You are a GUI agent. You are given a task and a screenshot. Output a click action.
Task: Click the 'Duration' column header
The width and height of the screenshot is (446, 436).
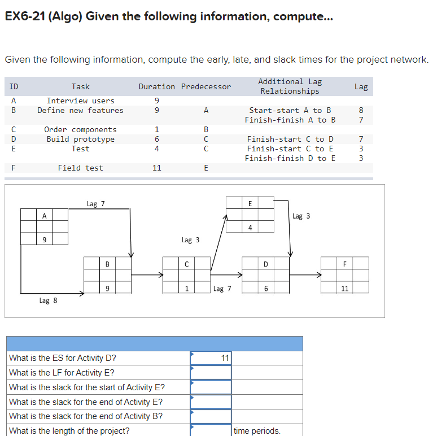click(156, 86)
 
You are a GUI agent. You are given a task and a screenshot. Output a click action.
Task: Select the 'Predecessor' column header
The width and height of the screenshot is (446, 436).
click(206, 86)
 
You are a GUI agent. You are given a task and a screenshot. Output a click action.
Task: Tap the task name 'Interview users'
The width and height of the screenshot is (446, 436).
click(80, 101)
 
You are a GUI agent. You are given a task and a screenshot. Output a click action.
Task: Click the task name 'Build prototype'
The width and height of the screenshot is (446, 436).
click(80, 139)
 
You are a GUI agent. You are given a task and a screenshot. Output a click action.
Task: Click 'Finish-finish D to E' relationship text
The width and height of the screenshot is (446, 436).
click(290, 158)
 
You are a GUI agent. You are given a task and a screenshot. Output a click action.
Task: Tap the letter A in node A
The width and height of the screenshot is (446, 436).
click(44, 215)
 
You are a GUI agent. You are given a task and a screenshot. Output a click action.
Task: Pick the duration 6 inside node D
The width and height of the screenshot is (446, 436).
click(265, 288)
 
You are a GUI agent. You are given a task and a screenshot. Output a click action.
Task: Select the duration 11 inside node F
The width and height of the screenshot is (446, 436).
click(345, 288)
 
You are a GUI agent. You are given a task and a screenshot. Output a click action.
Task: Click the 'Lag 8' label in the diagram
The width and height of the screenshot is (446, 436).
click(48, 300)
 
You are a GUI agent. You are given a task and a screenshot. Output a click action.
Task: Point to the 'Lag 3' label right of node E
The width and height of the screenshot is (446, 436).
click(301, 216)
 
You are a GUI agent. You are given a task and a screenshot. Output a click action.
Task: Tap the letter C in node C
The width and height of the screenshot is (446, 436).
click(186, 264)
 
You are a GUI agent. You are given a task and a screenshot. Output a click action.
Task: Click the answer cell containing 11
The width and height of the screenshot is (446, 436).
click(211, 357)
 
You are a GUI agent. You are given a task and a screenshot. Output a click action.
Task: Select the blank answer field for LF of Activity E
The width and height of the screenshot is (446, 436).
click(211, 372)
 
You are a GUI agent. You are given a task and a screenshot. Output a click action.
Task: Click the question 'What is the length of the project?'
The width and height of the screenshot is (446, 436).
click(69, 431)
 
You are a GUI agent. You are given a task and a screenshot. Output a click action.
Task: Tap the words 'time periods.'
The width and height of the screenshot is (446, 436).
click(257, 431)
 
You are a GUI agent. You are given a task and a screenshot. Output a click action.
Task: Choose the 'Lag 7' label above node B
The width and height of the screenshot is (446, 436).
click(95, 204)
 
